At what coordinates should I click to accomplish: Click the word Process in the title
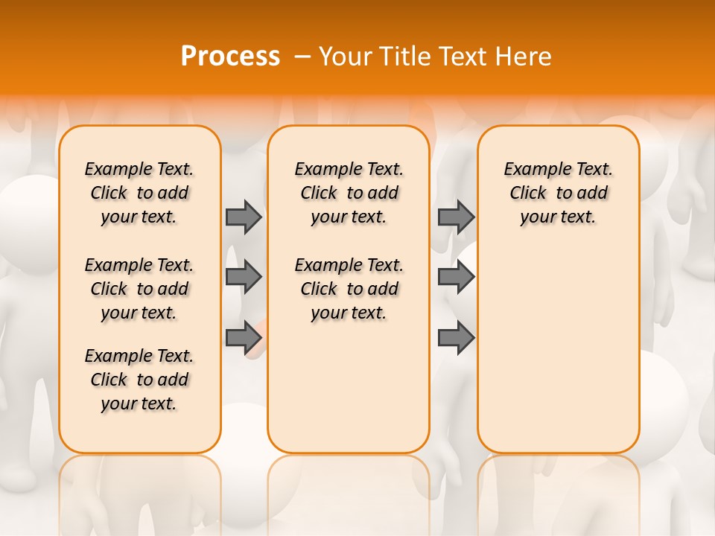pyautogui.click(x=230, y=56)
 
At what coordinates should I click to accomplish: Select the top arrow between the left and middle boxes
pyautogui.click(x=244, y=217)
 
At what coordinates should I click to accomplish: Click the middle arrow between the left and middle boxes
pyautogui.click(x=244, y=277)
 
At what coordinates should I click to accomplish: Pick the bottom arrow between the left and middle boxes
pyautogui.click(x=244, y=337)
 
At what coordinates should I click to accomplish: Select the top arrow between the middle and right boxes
pyautogui.click(x=456, y=217)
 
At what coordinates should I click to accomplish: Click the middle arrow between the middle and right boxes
pyautogui.click(x=456, y=277)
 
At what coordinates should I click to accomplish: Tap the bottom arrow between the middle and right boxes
pyautogui.click(x=456, y=337)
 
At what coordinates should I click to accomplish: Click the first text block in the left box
pyautogui.click(x=139, y=193)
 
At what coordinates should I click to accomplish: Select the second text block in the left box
pyautogui.click(x=139, y=289)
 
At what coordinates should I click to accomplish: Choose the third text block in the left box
pyautogui.click(x=139, y=380)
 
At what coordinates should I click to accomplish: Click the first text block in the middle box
pyautogui.click(x=349, y=193)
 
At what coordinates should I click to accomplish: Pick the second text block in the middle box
pyautogui.click(x=349, y=289)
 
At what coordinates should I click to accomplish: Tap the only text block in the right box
pyautogui.click(x=559, y=193)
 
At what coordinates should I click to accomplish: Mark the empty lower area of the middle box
pyautogui.click(x=349, y=387)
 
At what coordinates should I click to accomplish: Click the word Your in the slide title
pyautogui.click(x=344, y=56)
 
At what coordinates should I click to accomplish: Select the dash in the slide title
pyautogui.click(x=302, y=56)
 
